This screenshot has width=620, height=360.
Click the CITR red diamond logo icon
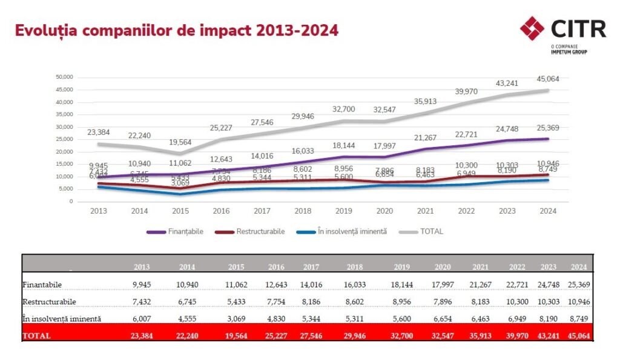(532, 28)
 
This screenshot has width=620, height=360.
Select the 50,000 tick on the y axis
(64, 77)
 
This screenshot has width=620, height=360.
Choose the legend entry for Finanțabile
(176, 231)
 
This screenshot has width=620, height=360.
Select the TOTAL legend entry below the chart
(423, 231)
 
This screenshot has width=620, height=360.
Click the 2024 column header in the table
(579, 266)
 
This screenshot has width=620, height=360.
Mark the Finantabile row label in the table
(42, 284)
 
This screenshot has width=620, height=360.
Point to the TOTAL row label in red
(37, 335)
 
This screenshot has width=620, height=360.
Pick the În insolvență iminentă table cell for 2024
(579, 318)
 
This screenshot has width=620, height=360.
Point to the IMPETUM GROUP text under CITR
(569, 51)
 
